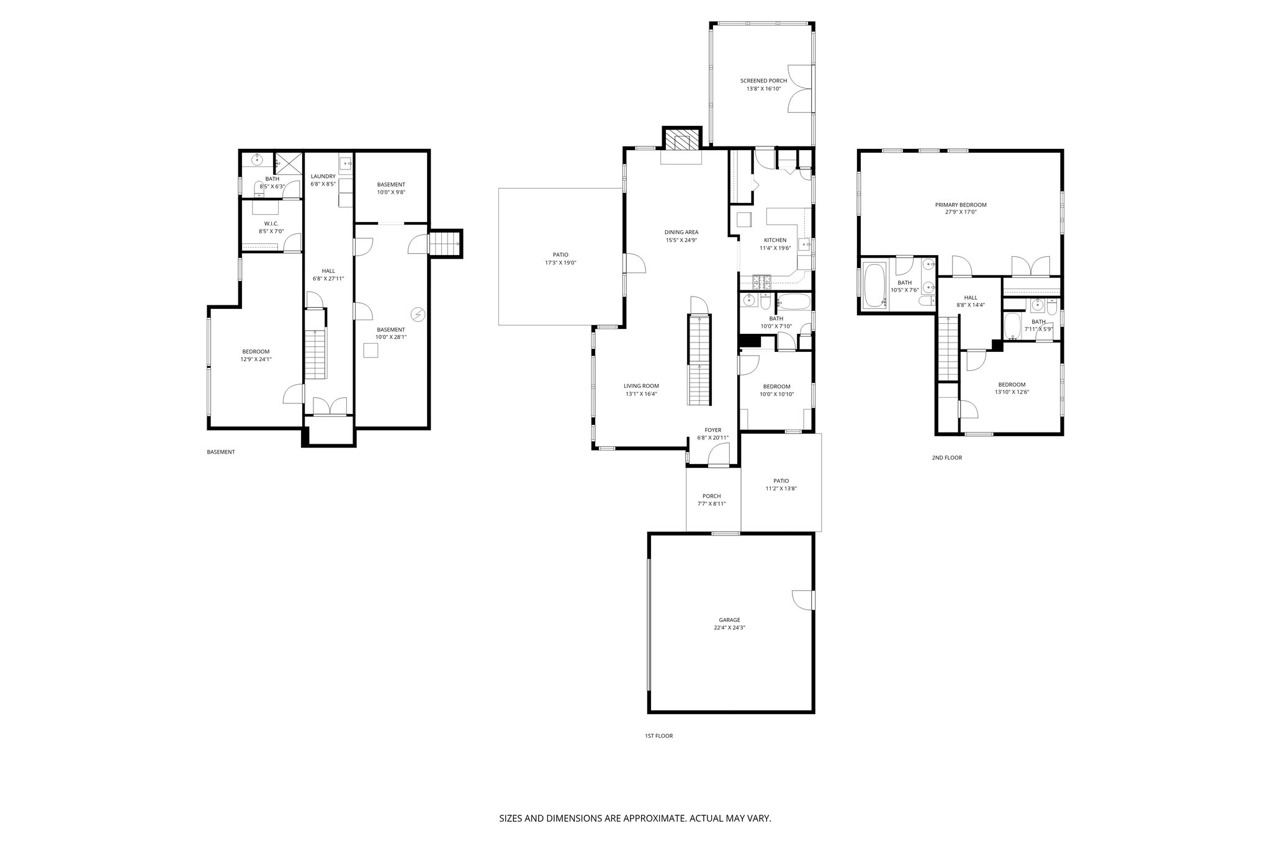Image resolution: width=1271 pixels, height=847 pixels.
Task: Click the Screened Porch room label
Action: (763, 81)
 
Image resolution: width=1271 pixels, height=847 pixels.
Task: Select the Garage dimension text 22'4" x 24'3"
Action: (729, 627)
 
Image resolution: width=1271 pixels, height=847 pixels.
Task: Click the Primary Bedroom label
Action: (960, 205)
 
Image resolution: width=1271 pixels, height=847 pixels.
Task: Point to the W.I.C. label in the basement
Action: (271, 223)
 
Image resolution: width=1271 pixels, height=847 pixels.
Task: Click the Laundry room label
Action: (323, 176)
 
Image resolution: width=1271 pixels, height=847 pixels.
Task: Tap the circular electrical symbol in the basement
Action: (418, 315)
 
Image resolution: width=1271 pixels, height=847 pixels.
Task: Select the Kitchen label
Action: (775, 240)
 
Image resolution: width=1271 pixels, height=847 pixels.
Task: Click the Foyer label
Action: (712, 430)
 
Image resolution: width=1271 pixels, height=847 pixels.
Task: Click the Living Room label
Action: (641, 385)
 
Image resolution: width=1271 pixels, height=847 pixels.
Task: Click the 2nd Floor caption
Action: (946, 458)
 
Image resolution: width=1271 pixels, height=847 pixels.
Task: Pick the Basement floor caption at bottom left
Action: (220, 452)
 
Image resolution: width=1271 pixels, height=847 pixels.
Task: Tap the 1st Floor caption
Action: (658, 736)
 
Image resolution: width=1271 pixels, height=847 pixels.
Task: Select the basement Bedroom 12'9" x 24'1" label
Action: (256, 351)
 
